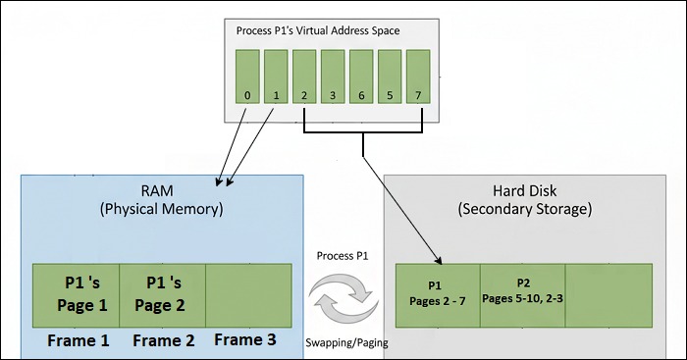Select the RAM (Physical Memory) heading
click(161, 199)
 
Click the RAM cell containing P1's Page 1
click(76, 295)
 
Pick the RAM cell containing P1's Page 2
click(162, 295)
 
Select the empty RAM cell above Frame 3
click(248, 295)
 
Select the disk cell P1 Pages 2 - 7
click(437, 295)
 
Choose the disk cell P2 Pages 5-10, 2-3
click(523, 295)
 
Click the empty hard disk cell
click(608, 295)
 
